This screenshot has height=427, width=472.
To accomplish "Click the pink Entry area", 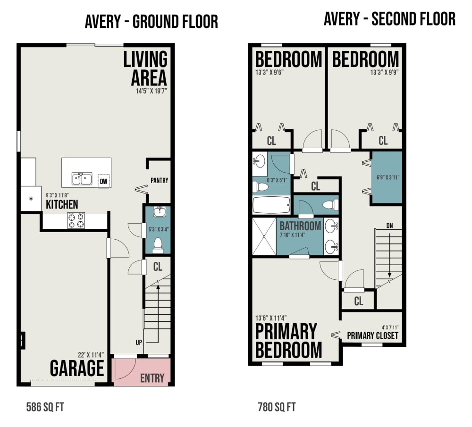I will (142, 372).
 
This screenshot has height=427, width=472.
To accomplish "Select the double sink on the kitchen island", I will (82, 178).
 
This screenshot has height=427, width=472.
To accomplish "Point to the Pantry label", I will (159, 181).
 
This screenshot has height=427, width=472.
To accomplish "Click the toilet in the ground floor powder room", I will (158, 244).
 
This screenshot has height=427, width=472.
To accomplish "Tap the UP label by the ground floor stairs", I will (139, 343).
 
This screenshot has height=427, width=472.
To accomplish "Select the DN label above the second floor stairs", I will (389, 225).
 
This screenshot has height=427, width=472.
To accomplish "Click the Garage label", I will (76, 368).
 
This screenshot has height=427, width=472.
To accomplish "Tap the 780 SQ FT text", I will (277, 407).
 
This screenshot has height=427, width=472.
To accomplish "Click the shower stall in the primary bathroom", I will (264, 237).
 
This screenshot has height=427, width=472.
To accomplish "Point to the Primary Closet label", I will (373, 335).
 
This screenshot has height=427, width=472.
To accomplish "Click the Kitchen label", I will (62, 205).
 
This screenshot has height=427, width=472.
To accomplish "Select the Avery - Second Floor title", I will (389, 19).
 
